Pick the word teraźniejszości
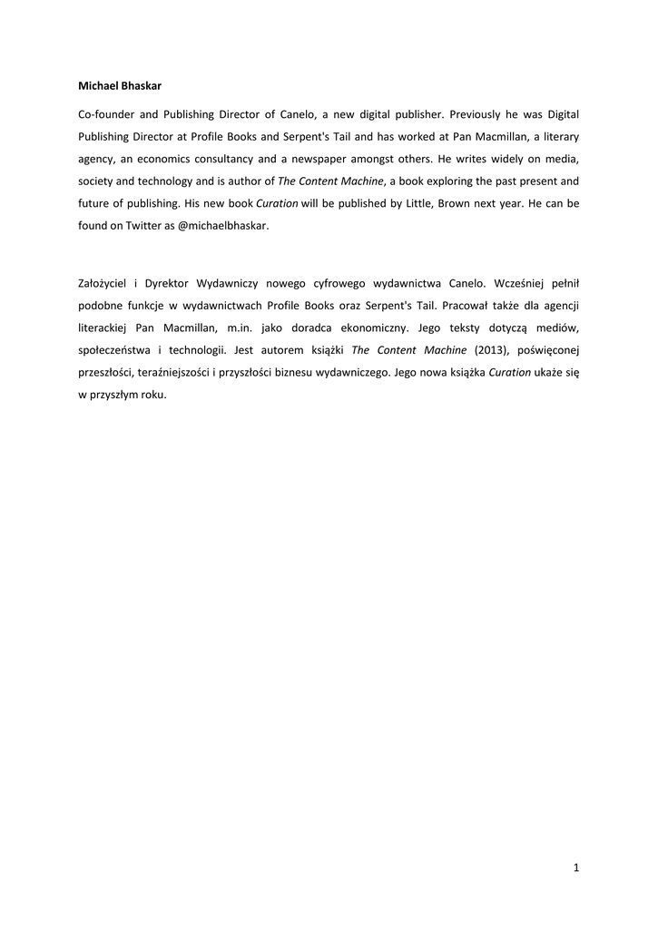[x=175, y=372]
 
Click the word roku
[x=152, y=394]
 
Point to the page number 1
[x=576, y=868]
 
